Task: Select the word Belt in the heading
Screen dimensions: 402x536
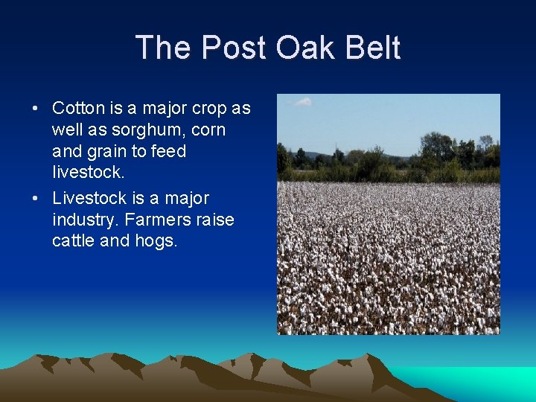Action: [375, 48]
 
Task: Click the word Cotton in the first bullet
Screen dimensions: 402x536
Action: [78, 108]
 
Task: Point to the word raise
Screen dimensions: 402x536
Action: [215, 220]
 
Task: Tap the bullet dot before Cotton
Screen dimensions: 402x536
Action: [35, 109]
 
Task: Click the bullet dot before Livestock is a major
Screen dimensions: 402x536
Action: [35, 199]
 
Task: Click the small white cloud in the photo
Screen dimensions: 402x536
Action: [302, 102]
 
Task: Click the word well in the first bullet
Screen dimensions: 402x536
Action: [66, 130]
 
